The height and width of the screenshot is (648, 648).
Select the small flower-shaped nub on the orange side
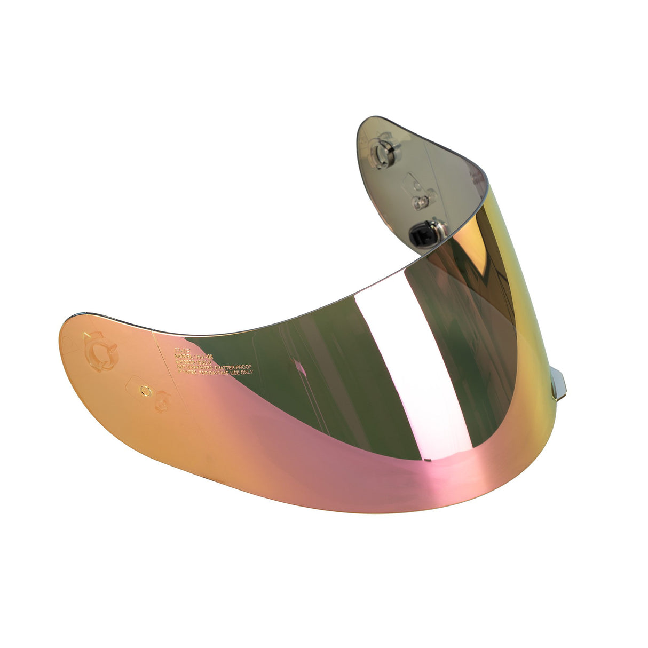click(162, 401)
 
